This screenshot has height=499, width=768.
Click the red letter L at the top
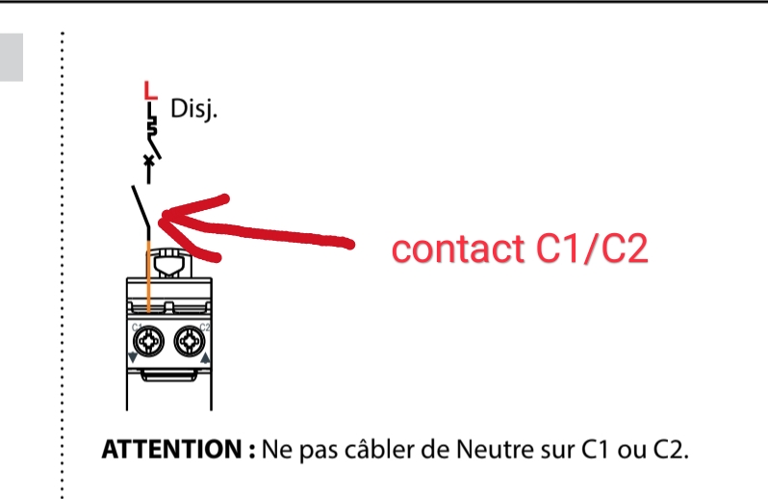click(x=150, y=90)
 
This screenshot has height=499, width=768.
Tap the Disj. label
click(x=193, y=109)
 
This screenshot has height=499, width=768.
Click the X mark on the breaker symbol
click(x=148, y=160)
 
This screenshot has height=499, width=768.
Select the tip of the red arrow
click(x=160, y=217)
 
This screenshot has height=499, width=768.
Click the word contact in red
click(x=457, y=249)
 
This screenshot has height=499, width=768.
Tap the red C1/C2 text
click(x=592, y=248)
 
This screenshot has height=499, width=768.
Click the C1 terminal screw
click(x=148, y=341)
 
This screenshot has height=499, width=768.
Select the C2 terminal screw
click(x=190, y=341)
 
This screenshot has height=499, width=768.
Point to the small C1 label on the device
click(x=137, y=327)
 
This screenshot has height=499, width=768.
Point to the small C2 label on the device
click(x=205, y=327)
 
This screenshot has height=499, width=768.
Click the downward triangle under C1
click(x=132, y=357)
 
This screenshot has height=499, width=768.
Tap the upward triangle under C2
click(x=206, y=357)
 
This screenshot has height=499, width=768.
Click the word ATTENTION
click(x=171, y=449)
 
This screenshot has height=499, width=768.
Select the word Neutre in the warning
click(x=496, y=449)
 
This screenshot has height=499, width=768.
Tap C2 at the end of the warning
click(x=671, y=449)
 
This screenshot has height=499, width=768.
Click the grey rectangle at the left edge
click(x=12, y=57)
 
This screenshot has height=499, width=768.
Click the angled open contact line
click(x=141, y=207)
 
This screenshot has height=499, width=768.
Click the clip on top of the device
click(x=169, y=263)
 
